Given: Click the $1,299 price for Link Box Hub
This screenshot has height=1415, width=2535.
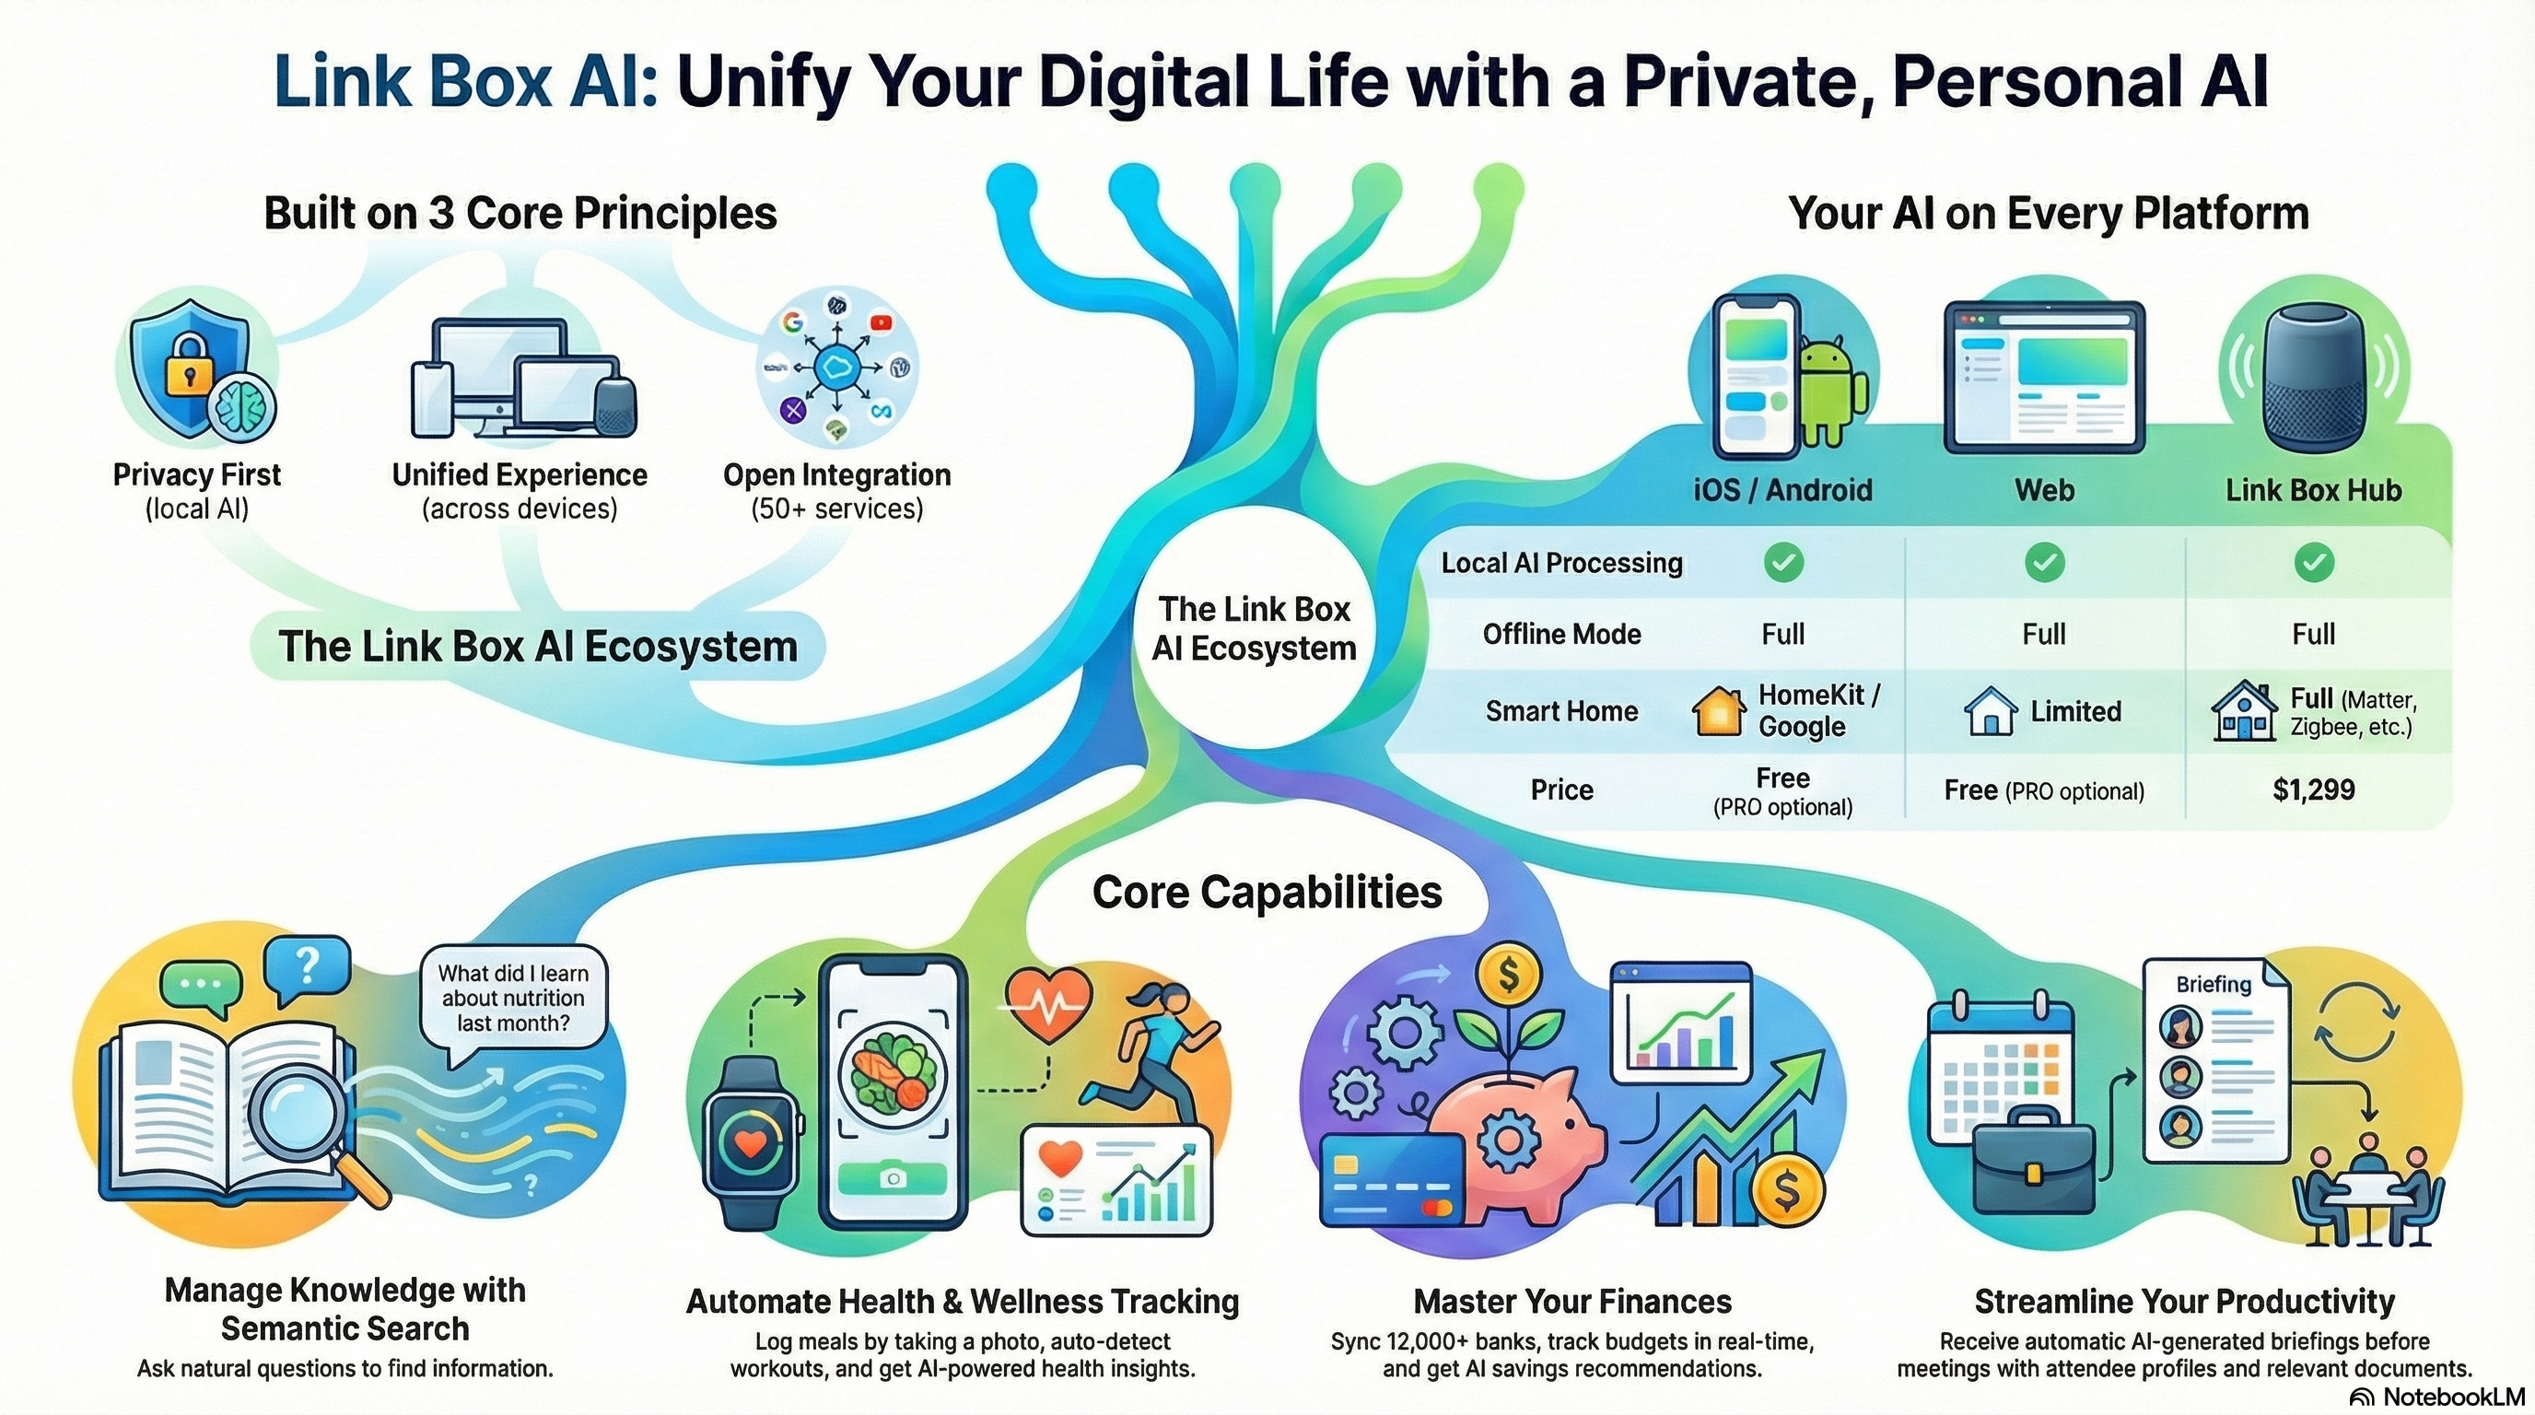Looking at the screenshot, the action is [2314, 789].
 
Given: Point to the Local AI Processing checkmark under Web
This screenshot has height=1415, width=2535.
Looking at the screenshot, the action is [2044, 562].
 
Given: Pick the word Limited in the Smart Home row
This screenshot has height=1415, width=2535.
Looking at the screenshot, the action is [2075, 710].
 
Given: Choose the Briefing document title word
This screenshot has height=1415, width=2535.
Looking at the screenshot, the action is [2214, 984].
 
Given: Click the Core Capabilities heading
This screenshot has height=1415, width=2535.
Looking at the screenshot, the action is [1267, 893].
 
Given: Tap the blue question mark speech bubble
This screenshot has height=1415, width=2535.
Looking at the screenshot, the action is [308, 967].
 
